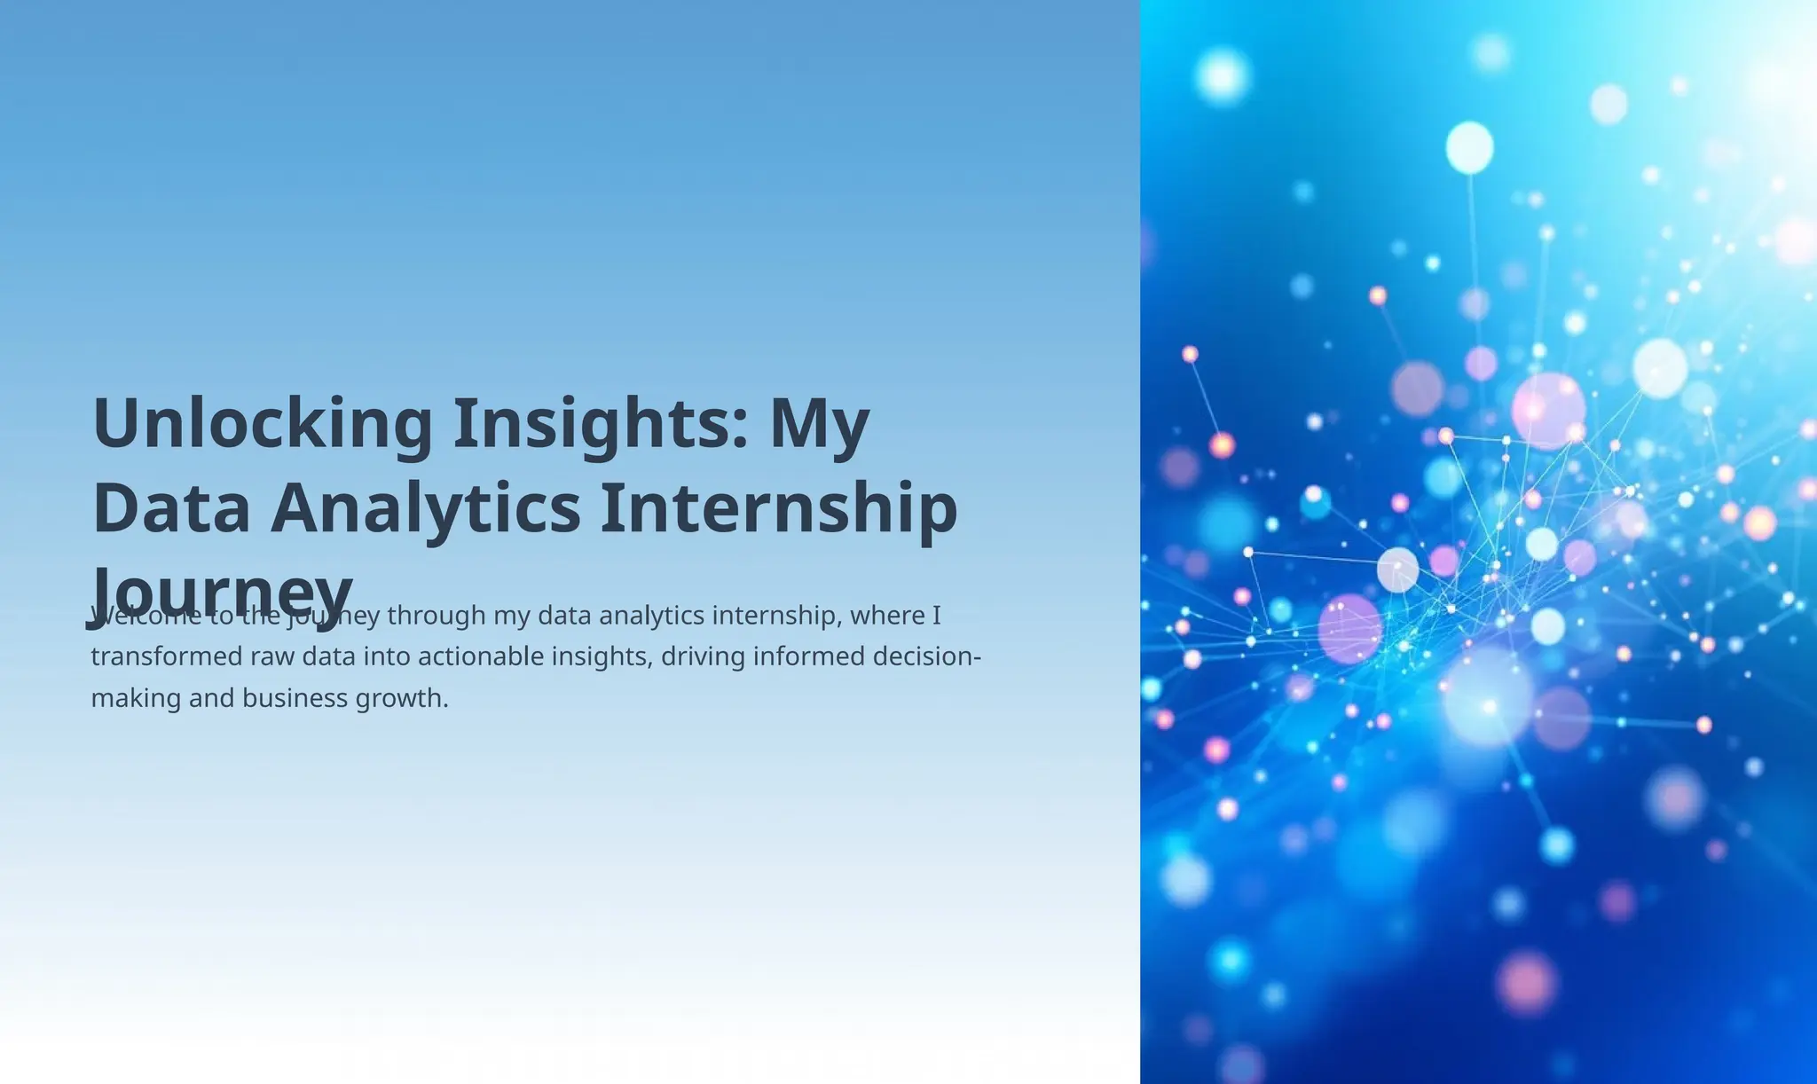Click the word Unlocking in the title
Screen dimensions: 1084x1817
(x=263, y=424)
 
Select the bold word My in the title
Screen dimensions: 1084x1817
(x=819, y=424)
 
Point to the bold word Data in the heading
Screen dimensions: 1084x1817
(x=171, y=508)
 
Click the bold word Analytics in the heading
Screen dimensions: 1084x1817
(x=426, y=508)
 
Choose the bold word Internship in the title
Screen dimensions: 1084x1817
(x=779, y=508)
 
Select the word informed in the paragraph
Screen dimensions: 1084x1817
(x=813, y=656)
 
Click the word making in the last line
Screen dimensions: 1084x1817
(x=135, y=698)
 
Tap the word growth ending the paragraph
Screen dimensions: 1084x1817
(x=402, y=698)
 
